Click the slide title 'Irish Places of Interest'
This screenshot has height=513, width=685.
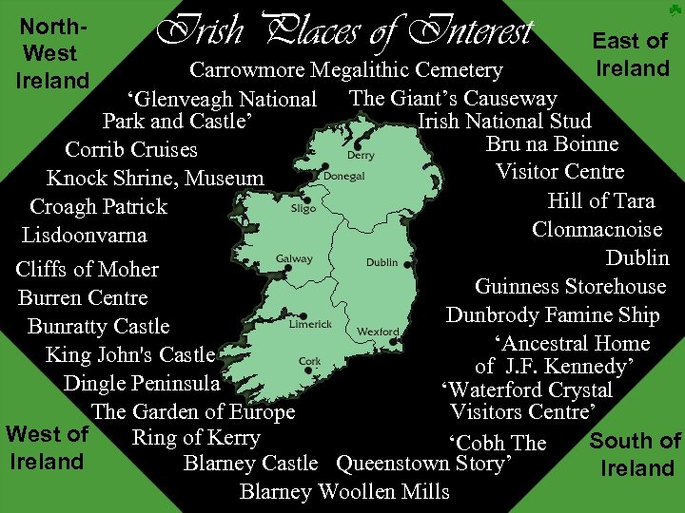tap(344, 31)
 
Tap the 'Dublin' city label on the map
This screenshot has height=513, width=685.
tap(382, 262)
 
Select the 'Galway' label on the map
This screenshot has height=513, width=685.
tap(294, 258)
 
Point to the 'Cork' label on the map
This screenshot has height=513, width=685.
tap(310, 361)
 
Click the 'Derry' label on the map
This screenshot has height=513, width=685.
tap(361, 155)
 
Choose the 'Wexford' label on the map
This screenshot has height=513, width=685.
tap(378, 332)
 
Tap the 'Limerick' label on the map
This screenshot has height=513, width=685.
tap(311, 324)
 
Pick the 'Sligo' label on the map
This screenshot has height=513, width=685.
tap(303, 208)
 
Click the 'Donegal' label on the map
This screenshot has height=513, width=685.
tap(343, 176)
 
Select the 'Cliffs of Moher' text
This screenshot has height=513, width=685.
tap(88, 269)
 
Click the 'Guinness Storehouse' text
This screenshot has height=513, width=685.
tap(570, 287)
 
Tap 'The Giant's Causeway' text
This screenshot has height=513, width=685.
tap(453, 98)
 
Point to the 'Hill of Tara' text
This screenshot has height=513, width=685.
tap(600, 200)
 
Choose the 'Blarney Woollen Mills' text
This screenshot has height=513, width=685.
tap(344, 491)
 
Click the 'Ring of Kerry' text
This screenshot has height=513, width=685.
tap(195, 437)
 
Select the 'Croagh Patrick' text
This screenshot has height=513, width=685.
tap(98, 206)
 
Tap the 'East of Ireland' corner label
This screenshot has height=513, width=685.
tap(631, 54)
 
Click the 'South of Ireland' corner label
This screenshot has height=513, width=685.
tap(636, 454)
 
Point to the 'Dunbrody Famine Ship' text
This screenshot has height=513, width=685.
tap(552, 315)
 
